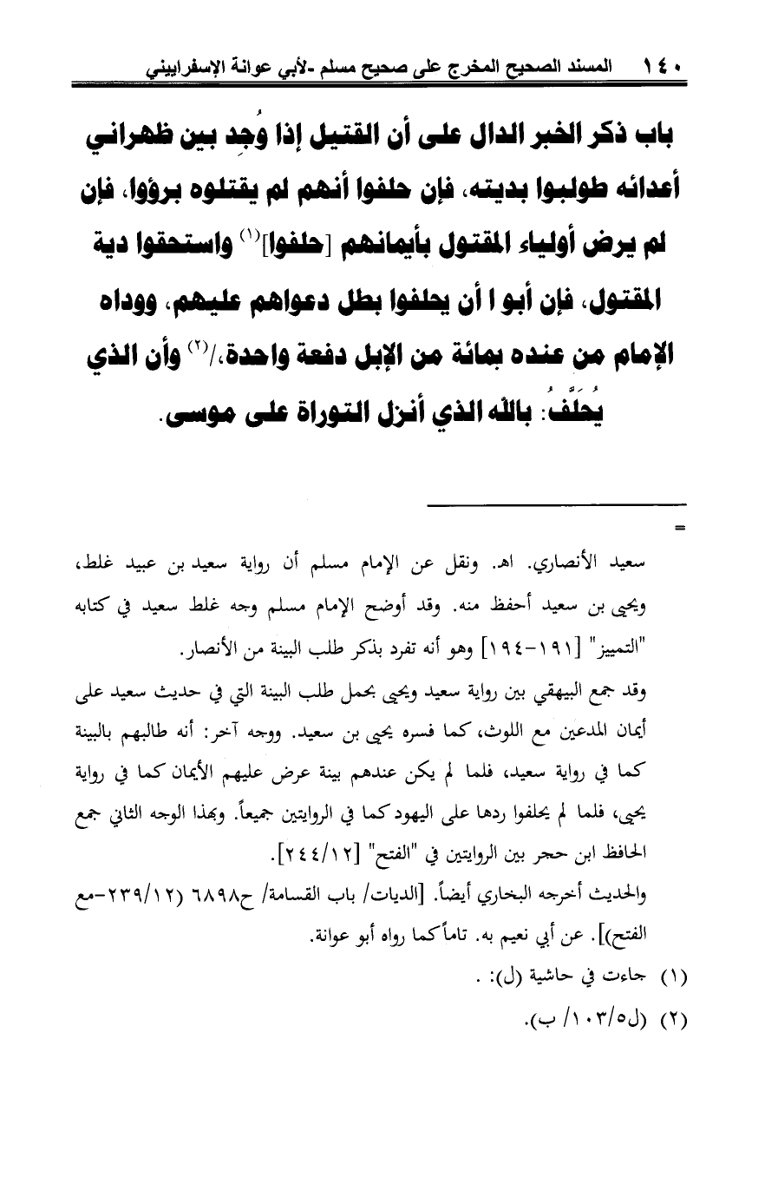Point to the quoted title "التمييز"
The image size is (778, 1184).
[644, 652]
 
